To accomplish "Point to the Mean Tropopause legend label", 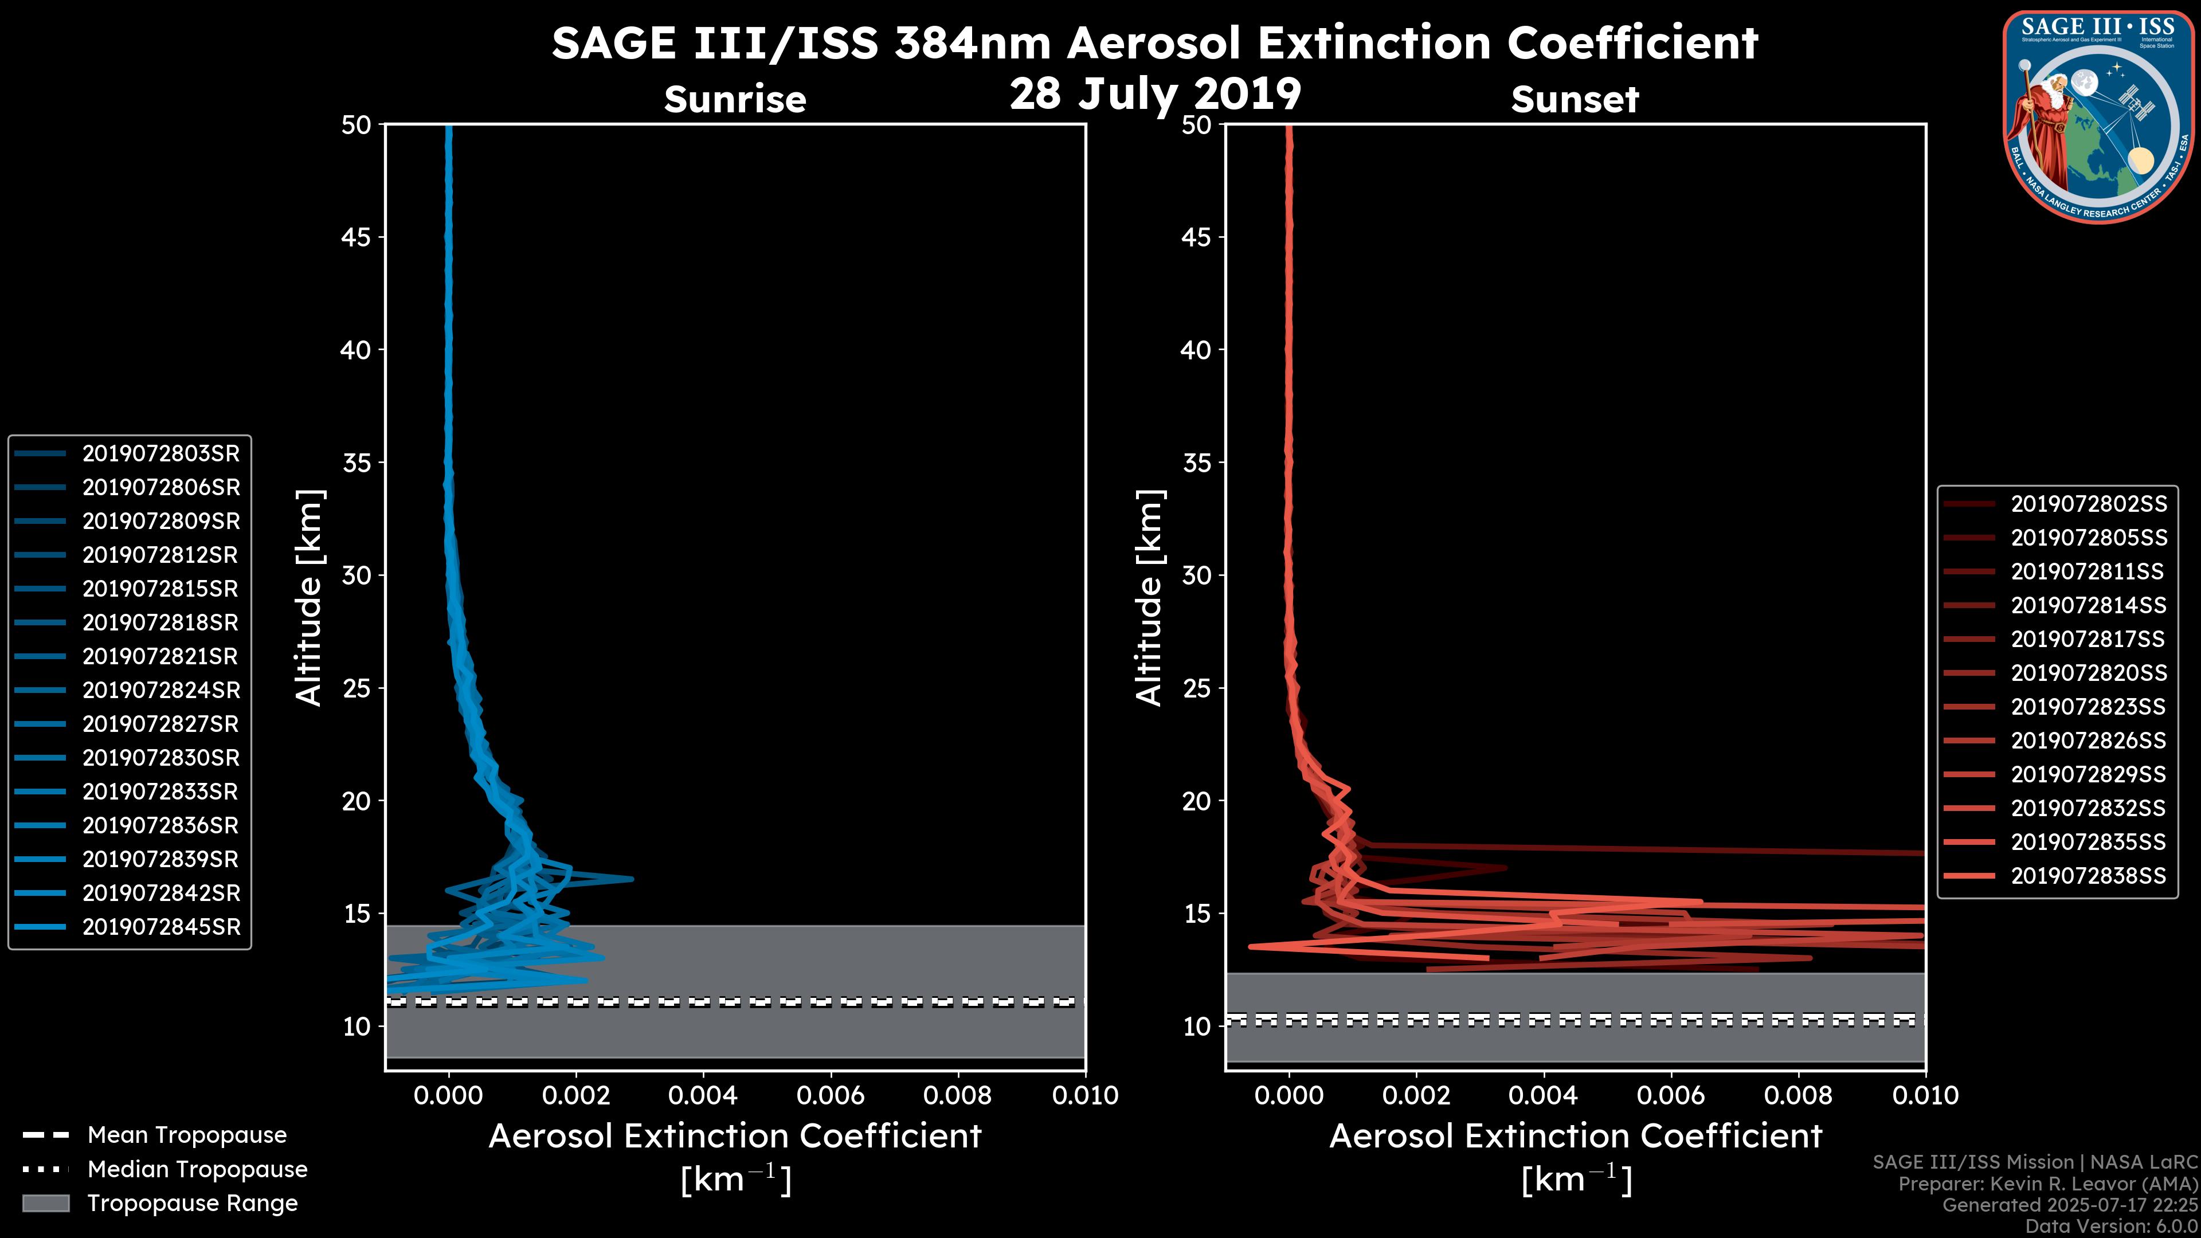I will pyautogui.click(x=187, y=1135).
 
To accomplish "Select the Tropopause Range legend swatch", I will pyautogui.click(x=45, y=1203).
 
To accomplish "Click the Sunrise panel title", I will pyautogui.click(x=735, y=100).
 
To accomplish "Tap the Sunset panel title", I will pyautogui.click(x=1575, y=100).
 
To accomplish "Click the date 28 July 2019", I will pyautogui.click(x=1155, y=94).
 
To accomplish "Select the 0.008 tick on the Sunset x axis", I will pyautogui.click(x=1799, y=1095).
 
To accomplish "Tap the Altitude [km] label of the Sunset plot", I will pyautogui.click(x=1149, y=598).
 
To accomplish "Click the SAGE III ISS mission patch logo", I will pyautogui.click(x=2098, y=115).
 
